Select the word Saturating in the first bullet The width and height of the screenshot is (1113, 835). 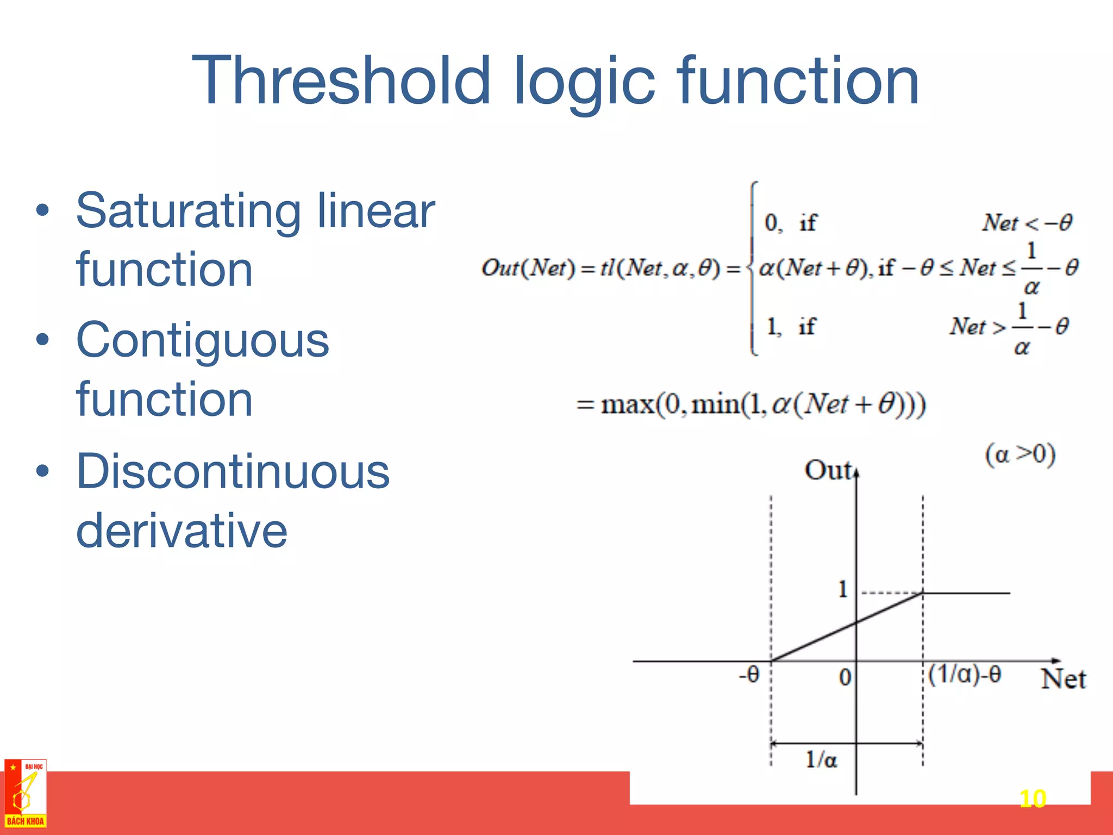[x=187, y=212]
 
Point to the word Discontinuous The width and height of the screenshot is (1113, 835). [x=233, y=471]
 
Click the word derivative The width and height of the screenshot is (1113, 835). [x=182, y=531]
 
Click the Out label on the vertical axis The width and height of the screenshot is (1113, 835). [x=827, y=471]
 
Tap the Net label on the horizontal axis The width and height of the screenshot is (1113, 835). [x=1063, y=680]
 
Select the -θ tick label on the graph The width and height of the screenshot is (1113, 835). [x=748, y=675]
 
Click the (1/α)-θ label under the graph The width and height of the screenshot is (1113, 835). [x=964, y=675]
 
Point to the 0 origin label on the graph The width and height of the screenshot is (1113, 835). [x=845, y=677]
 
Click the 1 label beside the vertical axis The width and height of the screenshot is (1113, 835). [x=843, y=589]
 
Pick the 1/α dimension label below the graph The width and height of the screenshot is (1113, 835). [x=821, y=759]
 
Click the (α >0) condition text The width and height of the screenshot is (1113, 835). [x=1020, y=454]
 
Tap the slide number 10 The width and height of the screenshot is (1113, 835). [x=1032, y=799]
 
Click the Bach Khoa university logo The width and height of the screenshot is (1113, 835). [x=25, y=794]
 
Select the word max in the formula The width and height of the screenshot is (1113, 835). [x=627, y=405]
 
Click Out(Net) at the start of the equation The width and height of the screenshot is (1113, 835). [x=527, y=268]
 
